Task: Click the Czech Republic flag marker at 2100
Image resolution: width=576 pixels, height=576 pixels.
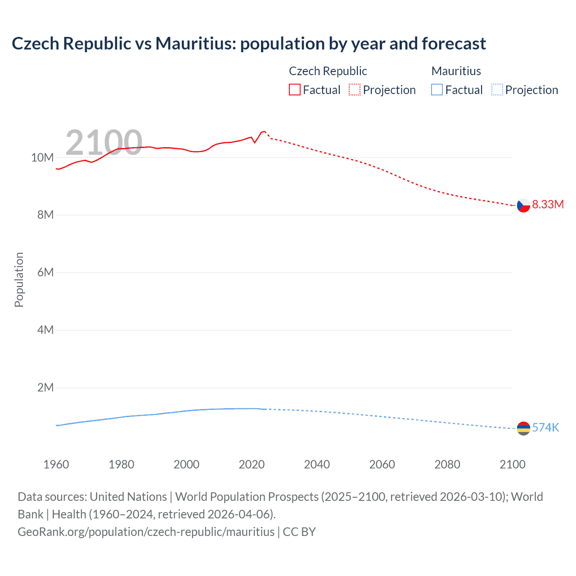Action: (x=523, y=205)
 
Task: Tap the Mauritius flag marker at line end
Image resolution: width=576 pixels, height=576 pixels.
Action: (x=523, y=428)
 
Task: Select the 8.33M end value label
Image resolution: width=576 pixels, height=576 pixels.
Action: (x=548, y=204)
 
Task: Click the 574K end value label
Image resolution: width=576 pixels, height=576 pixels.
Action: (x=545, y=427)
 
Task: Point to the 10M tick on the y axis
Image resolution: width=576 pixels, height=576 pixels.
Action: (x=42, y=157)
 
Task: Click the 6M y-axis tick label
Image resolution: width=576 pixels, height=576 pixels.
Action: (x=45, y=273)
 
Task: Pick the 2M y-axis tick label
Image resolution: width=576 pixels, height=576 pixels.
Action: (x=45, y=388)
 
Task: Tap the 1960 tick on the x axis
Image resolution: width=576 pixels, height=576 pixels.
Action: (x=56, y=464)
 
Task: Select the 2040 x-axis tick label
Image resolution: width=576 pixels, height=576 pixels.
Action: (x=317, y=464)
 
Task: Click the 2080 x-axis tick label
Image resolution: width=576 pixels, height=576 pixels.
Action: (x=447, y=464)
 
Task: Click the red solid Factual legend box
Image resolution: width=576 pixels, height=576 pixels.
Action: (x=295, y=90)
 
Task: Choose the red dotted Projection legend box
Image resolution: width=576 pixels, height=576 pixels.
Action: (x=355, y=90)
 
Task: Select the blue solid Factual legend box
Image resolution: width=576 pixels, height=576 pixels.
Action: (x=437, y=90)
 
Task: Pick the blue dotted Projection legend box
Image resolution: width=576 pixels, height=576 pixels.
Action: (x=497, y=90)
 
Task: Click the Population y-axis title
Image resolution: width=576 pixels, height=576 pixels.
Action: (x=19, y=279)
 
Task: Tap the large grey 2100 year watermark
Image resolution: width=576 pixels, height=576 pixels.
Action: (x=103, y=143)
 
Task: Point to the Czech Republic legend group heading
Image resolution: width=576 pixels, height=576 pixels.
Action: (x=328, y=71)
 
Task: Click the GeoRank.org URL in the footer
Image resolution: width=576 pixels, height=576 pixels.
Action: (x=146, y=531)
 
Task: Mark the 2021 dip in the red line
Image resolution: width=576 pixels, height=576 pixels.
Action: (x=255, y=143)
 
